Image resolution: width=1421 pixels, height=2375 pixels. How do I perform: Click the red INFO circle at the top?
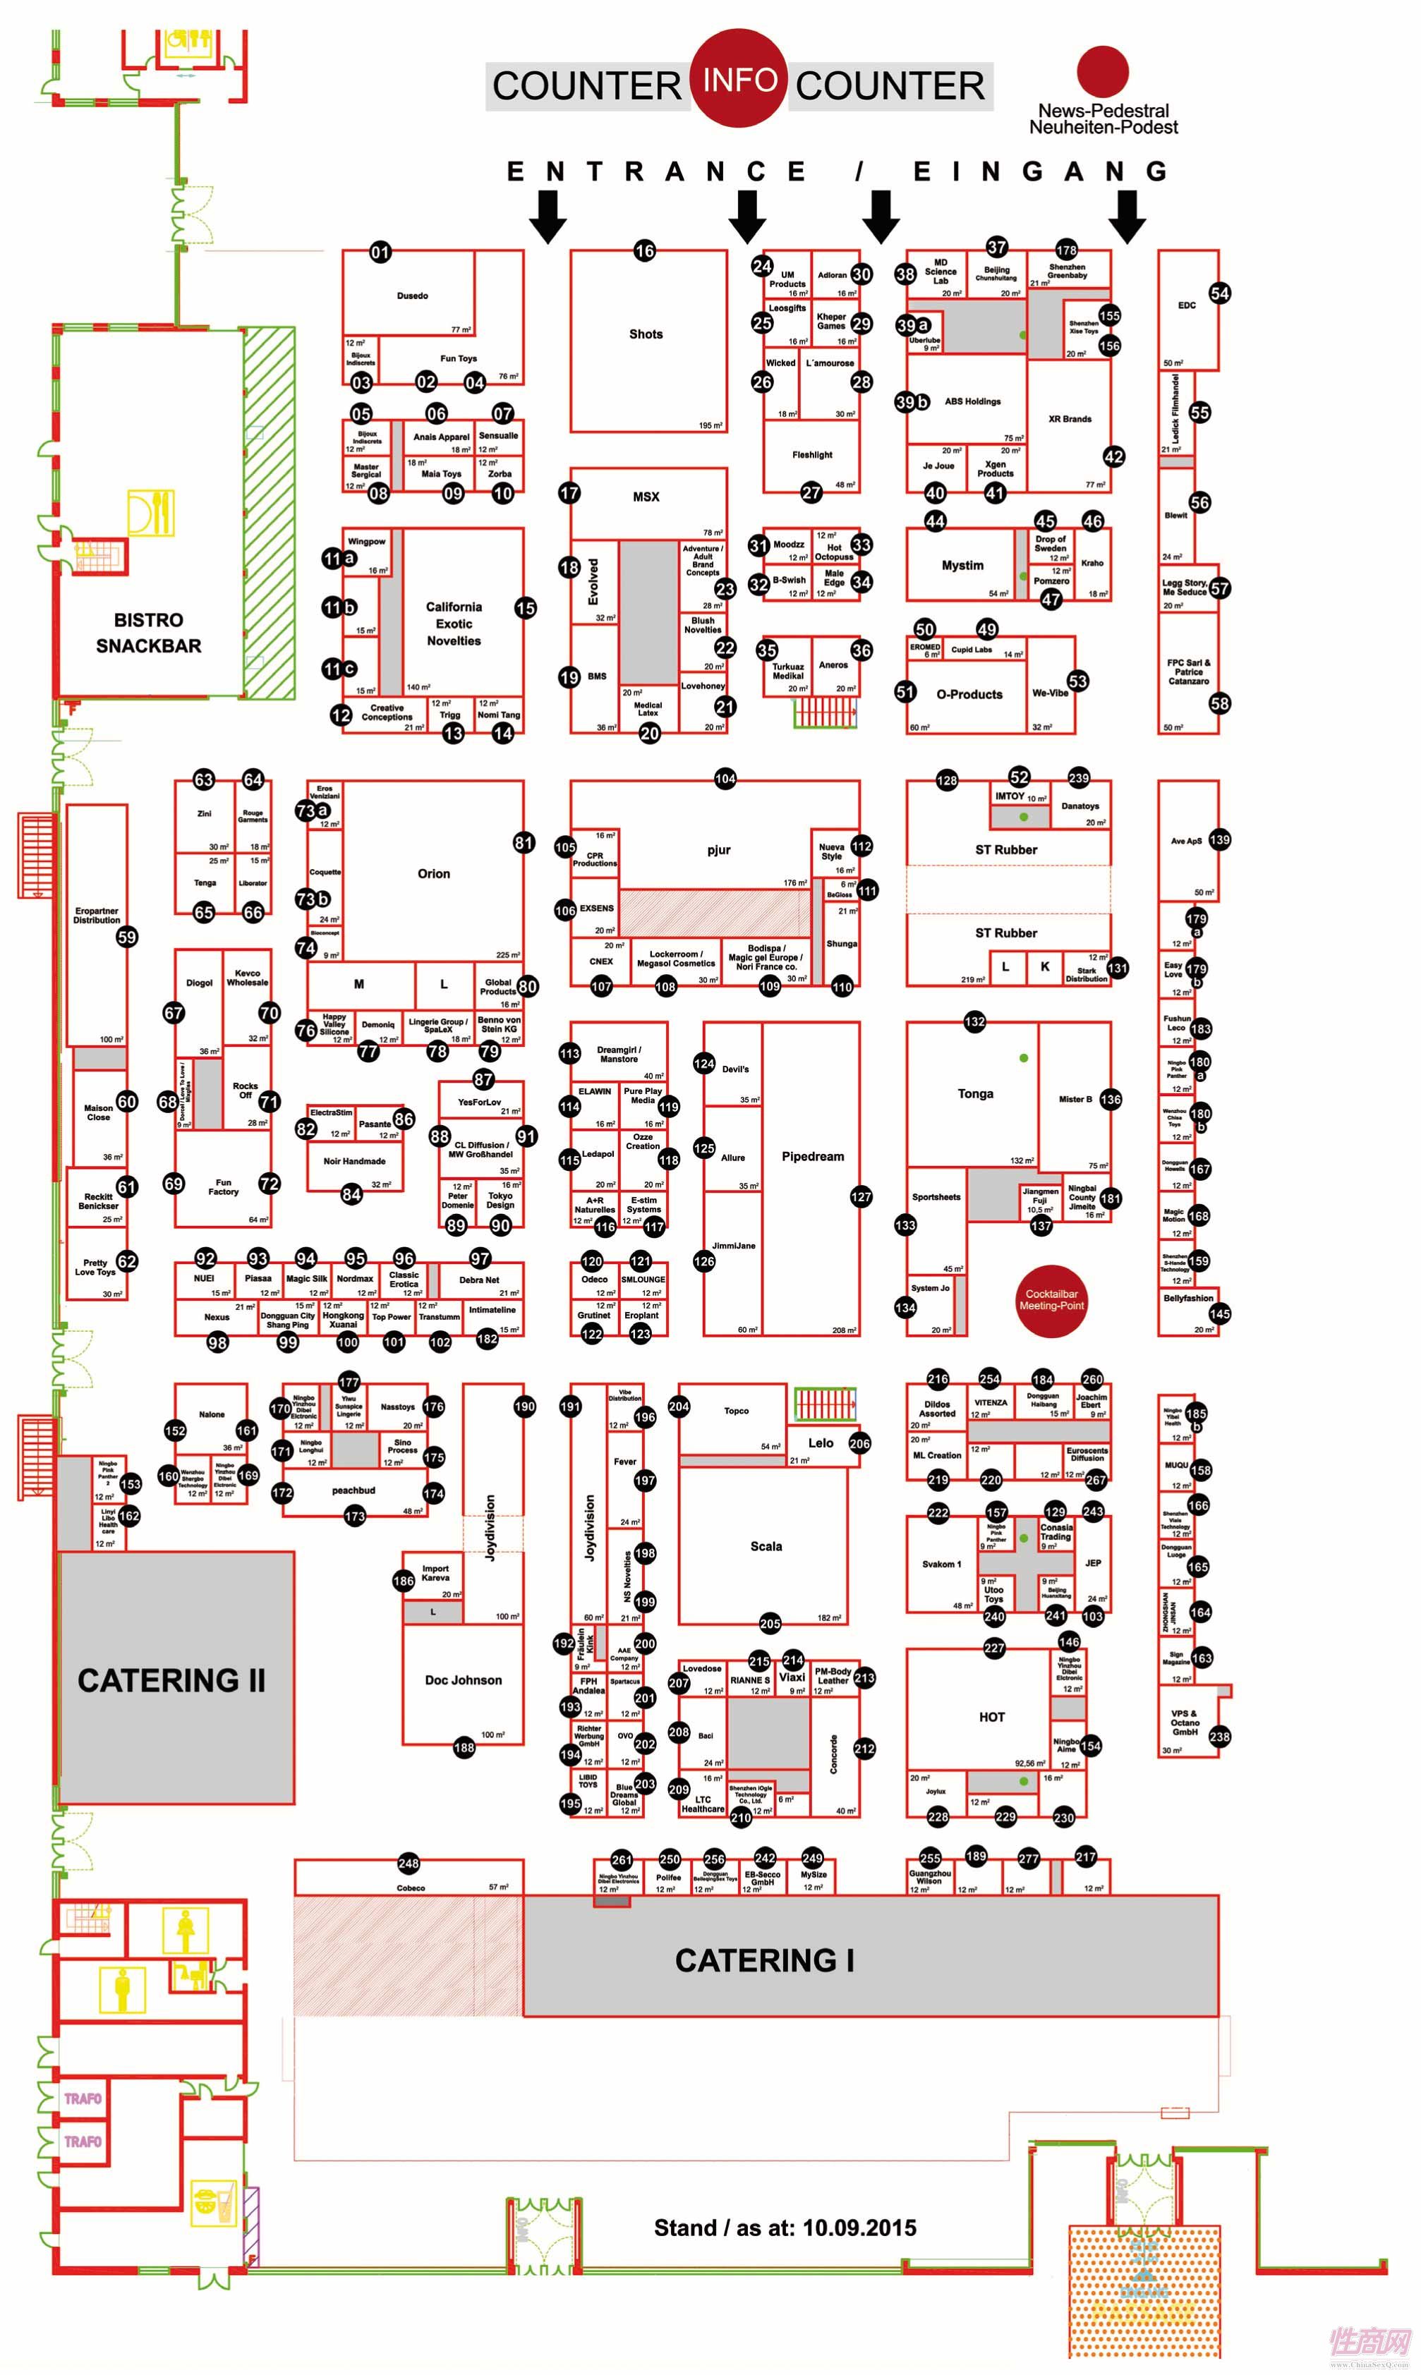tap(739, 78)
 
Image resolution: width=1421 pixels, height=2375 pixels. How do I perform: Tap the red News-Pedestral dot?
tap(1102, 71)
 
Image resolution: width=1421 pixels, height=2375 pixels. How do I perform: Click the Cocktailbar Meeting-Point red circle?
tap(1051, 1299)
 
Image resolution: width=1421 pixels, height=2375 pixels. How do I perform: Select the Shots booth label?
tap(646, 334)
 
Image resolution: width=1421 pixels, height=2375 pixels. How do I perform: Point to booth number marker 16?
tap(644, 251)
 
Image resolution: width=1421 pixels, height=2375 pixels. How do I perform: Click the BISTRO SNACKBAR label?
tap(148, 633)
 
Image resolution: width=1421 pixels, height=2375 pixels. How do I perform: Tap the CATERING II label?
tap(171, 1680)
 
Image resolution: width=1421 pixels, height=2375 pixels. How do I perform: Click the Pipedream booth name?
tap(812, 1156)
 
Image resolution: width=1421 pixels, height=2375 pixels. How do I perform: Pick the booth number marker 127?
tap(861, 1196)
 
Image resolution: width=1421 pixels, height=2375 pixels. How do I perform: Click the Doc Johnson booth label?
tap(463, 1680)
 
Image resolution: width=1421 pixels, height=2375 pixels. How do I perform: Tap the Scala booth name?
tap(766, 1546)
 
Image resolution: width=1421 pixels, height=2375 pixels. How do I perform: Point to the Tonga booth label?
tap(975, 1093)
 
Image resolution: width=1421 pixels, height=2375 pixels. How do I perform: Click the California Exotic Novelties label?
tap(454, 623)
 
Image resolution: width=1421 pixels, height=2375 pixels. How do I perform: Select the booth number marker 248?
tap(409, 1863)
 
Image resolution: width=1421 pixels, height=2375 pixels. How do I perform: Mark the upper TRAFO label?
tap(83, 2099)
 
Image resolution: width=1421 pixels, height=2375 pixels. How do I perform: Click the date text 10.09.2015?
tap(859, 2228)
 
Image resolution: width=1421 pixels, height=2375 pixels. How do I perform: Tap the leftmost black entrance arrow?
tap(548, 215)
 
